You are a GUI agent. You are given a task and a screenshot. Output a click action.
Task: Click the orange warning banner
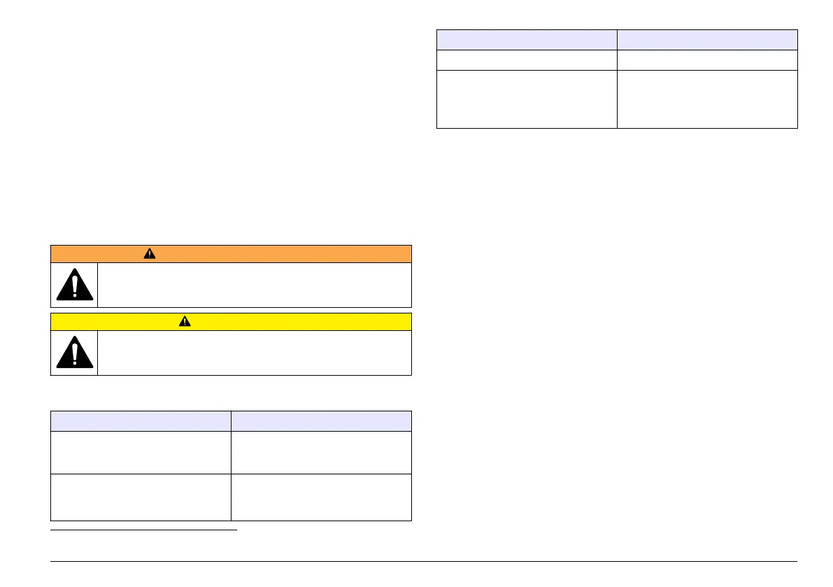coord(280,253)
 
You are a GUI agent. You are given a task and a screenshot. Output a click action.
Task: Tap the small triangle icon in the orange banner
coord(150,254)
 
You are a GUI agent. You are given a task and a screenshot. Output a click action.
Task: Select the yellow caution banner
coord(280,322)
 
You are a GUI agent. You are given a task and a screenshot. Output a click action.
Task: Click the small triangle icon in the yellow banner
coord(185,322)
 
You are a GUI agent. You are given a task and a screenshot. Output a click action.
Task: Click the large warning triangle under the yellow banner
coord(74,353)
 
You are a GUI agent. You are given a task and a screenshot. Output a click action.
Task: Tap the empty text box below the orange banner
coord(255,285)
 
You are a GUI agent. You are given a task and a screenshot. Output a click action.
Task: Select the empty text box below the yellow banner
coord(255,353)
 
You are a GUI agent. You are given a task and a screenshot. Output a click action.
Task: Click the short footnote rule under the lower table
coord(144,530)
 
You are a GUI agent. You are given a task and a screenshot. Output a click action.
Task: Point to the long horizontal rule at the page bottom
coord(424,561)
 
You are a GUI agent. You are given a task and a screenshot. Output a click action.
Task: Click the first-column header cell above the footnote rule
coord(141,421)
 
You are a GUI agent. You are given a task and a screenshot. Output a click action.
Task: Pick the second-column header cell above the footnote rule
coord(321,421)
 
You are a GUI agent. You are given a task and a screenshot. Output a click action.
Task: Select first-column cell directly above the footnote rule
coord(141,498)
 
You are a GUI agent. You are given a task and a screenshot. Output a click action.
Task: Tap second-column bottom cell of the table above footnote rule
coord(321,498)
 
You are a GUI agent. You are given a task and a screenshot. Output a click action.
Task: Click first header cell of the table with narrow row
coord(527,39)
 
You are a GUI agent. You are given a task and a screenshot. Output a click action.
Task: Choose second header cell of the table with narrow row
coord(707,39)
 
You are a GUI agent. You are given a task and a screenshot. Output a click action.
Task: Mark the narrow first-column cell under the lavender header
coord(527,59)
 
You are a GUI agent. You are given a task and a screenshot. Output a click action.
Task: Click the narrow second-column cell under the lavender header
coord(707,59)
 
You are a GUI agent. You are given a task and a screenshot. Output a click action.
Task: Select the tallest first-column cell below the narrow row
coord(527,99)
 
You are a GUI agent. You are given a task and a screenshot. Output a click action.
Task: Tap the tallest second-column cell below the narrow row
coord(707,99)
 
